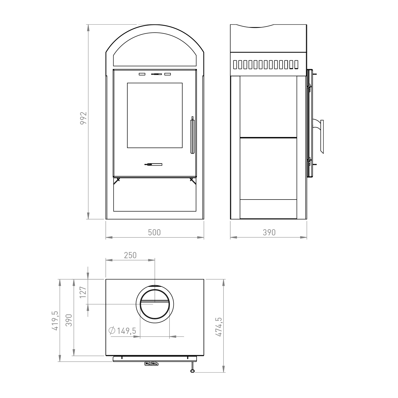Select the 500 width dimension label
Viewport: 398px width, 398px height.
tap(154, 232)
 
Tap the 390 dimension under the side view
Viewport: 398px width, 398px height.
tap(269, 232)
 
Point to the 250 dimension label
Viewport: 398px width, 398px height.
tap(130, 255)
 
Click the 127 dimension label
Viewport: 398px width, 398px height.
tap(83, 292)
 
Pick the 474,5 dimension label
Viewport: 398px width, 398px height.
tap(219, 327)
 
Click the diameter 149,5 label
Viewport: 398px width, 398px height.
tap(123, 331)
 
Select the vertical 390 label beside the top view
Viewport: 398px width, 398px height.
tap(69, 320)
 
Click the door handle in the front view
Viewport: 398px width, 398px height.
tap(192, 135)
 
